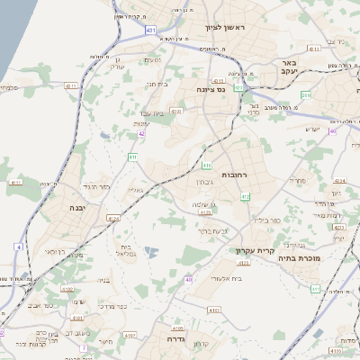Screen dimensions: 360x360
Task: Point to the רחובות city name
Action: (x=246, y=162)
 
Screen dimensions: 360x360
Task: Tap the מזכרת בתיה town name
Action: (x=310, y=256)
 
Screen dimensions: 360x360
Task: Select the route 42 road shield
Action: (x=141, y=133)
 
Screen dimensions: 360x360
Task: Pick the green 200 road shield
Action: (x=306, y=94)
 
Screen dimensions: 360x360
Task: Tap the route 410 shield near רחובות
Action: (x=206, y=166)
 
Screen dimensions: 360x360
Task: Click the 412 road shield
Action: (x=245, y=196)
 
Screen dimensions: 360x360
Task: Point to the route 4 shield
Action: (x=18, y=246)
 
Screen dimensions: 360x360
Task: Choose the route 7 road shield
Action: (x=83, y=347)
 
